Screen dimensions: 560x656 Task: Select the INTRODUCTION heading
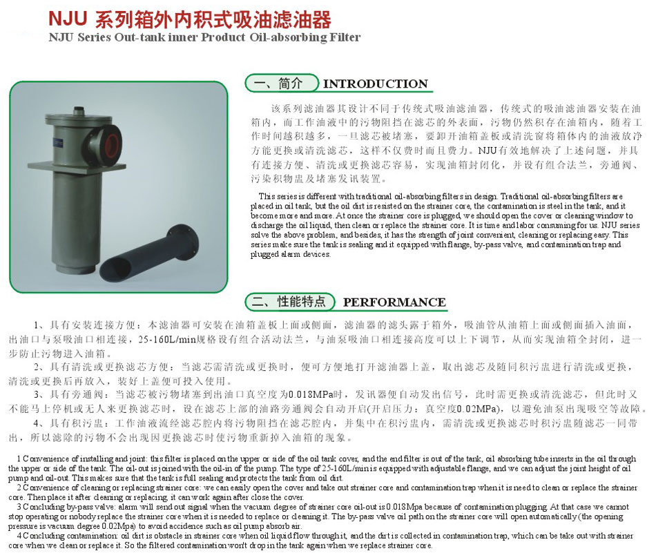click(375, 84)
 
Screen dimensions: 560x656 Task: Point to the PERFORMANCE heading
click(394, 302)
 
